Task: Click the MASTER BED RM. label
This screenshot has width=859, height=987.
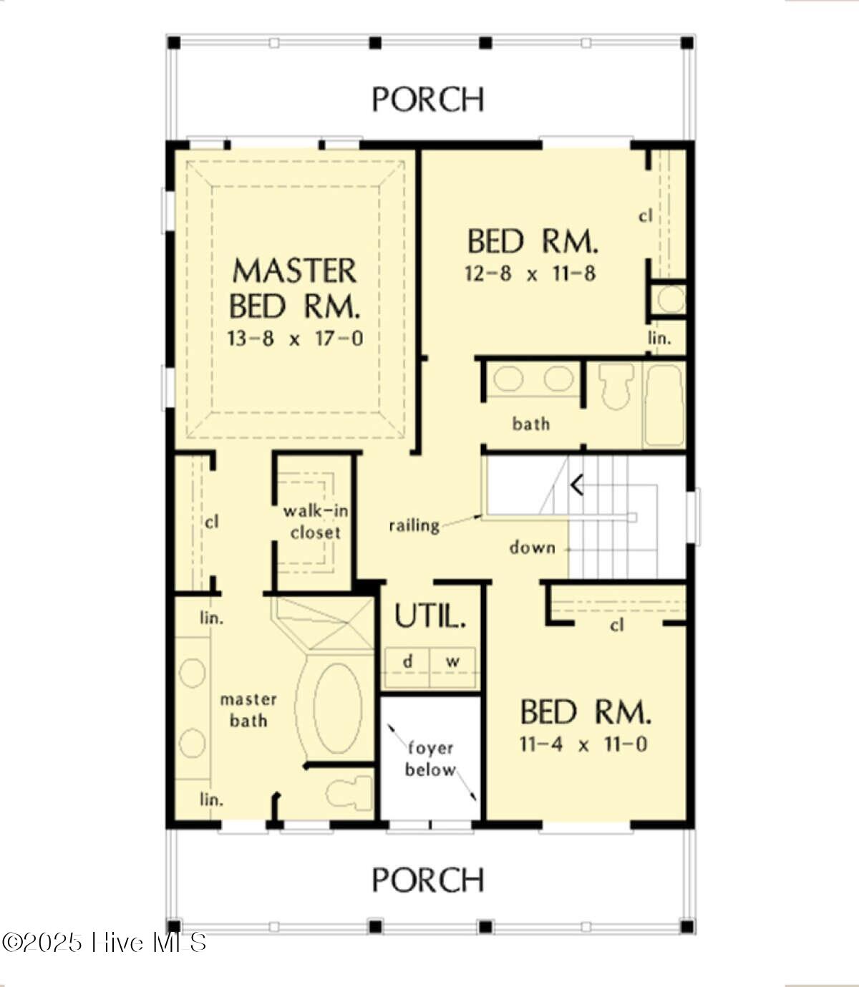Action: [295, 288]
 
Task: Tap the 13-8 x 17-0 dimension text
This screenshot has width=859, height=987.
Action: [295, 339]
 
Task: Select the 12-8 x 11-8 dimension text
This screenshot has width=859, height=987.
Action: [530, 274]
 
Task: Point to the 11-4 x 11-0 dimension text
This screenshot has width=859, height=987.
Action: [583, 744]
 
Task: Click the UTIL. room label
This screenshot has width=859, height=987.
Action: [430, 616]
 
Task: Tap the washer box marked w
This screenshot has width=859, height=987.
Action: [452, 667]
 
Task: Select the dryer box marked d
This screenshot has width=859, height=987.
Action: [407, 667]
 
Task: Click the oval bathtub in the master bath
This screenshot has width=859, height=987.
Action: [337, 708]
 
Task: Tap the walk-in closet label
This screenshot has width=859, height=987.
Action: [316, 522]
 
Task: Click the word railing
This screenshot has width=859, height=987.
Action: [414, 525]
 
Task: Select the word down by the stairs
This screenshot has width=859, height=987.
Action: [533, 548]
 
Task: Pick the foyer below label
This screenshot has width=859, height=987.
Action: [430, 759]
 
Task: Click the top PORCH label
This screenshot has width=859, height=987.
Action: [428, 99]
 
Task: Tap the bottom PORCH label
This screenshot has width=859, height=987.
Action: [428, 880]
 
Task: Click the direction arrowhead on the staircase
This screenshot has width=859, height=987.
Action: [577, 485]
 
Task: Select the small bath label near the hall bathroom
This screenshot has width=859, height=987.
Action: [530, 424]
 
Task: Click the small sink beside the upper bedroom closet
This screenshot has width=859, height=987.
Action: [671, 299]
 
